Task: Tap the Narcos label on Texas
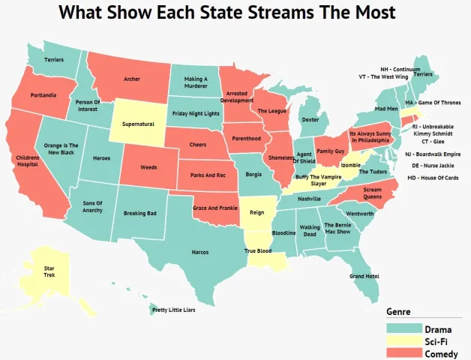point(199,253)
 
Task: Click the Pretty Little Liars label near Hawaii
point(173,310)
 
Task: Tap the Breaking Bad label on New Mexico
point(139,213)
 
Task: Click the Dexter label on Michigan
point(310,119)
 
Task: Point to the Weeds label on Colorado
point(148,168)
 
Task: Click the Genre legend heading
point(398,311)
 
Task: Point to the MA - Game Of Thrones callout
point(433,102)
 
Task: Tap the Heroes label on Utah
point(101,158)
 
